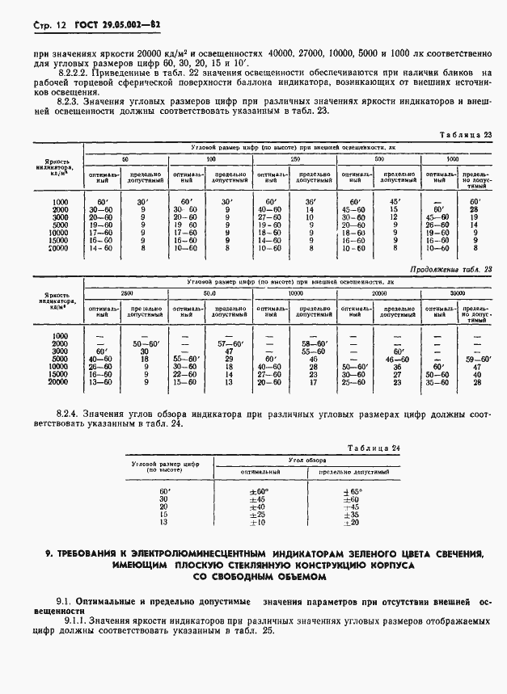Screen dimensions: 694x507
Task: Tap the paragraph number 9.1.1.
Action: pyautogui.click(x=53, y=620)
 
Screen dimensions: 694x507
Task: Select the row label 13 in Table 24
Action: pyautogui.click(x=165, y=523)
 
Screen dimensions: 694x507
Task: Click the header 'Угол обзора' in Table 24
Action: pyautogui.click(x=305, y=458)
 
